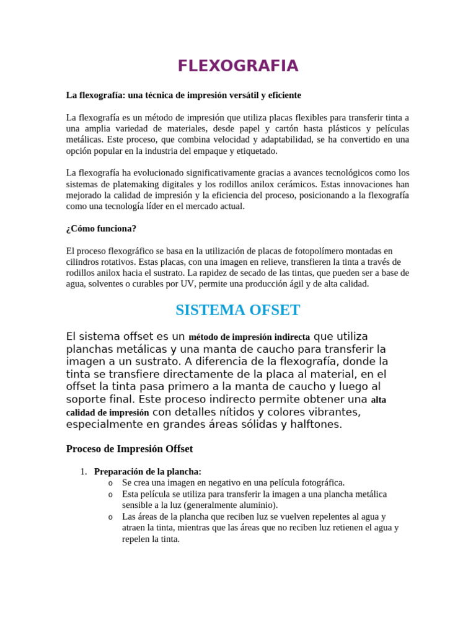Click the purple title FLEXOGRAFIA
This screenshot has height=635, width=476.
click(238, 66)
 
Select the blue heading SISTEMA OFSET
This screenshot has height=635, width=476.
click(238, 310)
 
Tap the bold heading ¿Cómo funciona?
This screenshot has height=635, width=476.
click(101, 229)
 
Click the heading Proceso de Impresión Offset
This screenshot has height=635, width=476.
click(130, 448)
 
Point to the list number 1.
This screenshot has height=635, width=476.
click(84, 472)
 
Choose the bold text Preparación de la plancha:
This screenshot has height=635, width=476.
click(148, 472)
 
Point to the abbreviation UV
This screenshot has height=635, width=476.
click(184, 284)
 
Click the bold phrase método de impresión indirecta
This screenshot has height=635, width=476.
click(249, 337)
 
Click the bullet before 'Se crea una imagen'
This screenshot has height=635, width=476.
click(110, 483)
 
